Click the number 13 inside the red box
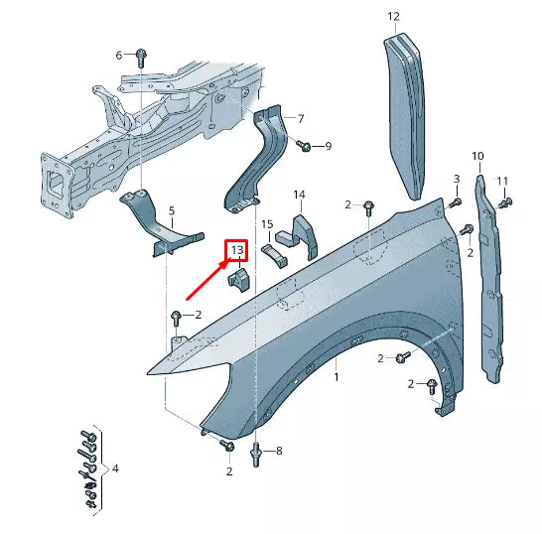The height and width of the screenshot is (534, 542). pos(238,251)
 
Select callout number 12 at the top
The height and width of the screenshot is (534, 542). pos(393,16)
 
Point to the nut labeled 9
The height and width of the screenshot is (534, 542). pos(307,147)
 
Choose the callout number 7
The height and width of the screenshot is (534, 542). pos(301,119)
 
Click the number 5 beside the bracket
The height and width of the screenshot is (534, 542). pos(171,210)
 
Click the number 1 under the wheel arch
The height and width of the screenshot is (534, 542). pos(337,378)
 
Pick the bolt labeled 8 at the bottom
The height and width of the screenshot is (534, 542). pos(257,453)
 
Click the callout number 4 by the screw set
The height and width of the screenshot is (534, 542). pos(115,467)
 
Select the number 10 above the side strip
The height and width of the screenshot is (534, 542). pos(477,157)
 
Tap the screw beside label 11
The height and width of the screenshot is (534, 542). pos(504,203)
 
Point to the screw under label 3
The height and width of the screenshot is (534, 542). pos(456,202)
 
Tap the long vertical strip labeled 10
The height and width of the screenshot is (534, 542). pos(489,288)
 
